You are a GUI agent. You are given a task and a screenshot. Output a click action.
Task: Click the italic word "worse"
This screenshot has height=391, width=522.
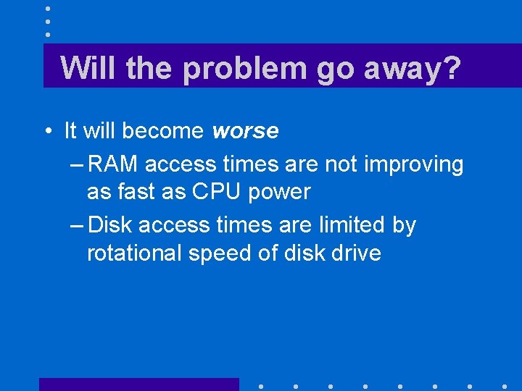245,131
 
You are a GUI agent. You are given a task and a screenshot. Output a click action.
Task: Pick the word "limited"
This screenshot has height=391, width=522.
345,225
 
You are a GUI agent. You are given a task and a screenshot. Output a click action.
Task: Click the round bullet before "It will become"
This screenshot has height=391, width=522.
47,132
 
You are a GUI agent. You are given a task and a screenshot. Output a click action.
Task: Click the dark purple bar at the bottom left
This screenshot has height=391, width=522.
138,384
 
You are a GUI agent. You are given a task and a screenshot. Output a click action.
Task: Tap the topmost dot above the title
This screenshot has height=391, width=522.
48,9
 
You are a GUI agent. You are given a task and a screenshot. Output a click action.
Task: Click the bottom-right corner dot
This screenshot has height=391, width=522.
504,386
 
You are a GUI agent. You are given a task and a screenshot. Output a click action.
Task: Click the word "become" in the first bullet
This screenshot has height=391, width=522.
163,131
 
